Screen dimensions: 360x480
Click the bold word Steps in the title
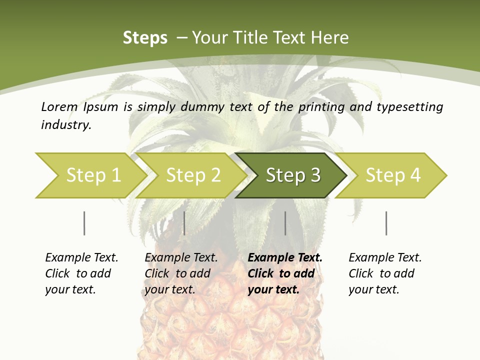(x=145, y=38)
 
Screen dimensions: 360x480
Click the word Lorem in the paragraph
(x=59, y=106)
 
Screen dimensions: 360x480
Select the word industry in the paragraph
(x=66, y=125)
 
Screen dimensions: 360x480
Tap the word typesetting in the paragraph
(x=410, y=107)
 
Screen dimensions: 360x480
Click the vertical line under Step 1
(x=84, y=223)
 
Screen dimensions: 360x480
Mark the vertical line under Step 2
(x=184, y=223)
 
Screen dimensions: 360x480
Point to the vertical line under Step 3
(x=285, y=223)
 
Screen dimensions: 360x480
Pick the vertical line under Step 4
(x=386, y=223)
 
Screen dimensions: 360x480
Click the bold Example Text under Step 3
(x=285, y=258)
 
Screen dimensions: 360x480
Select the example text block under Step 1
(x=81, y=273)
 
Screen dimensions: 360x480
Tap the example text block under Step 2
(x=181, y=273)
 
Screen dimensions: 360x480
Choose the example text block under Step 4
(x=385, y=273)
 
